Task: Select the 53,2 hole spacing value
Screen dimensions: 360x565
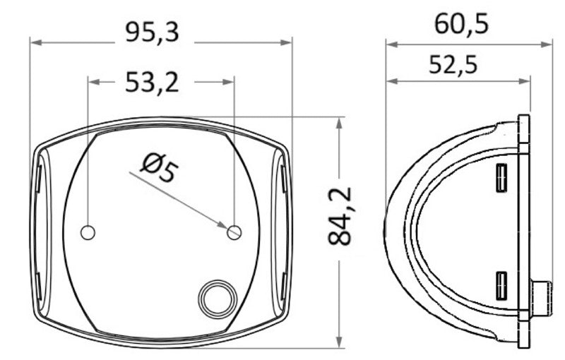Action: (x=152, y=83)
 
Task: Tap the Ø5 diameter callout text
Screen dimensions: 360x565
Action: (x=157, y=170)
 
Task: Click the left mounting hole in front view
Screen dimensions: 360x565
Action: (x=88, y=232)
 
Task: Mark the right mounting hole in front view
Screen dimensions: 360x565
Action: (x=234, y=232)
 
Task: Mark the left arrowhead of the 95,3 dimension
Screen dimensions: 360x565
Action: (x=35, y=43)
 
